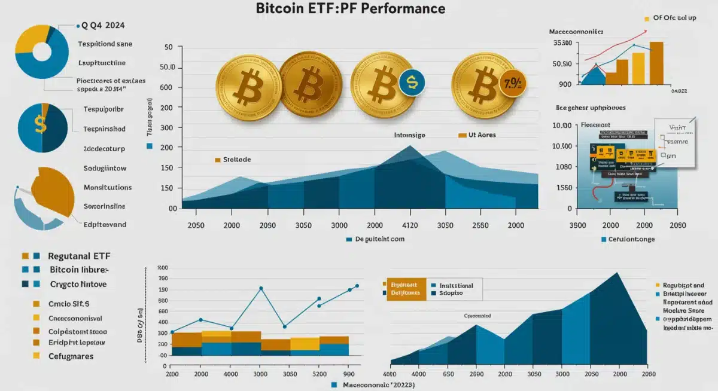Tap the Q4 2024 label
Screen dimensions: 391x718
(x=103, y=26)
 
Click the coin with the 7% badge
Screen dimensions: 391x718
(x=482, y=83)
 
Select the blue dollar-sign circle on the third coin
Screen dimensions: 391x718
(x=411, y=83)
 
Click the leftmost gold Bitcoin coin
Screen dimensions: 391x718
(x=247, y=85)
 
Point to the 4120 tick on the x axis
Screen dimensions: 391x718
(x=409, y=225)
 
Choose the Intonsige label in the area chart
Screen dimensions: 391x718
(x=409, y=136)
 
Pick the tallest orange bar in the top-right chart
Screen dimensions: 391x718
(x=656, y=63)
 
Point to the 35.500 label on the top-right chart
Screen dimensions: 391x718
(x=563, y=44)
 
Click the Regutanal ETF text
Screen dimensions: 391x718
(x=80, y=256)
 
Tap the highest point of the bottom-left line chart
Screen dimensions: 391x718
(x=261, y=288)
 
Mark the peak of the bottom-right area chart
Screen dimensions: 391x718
(x=617, y=273)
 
